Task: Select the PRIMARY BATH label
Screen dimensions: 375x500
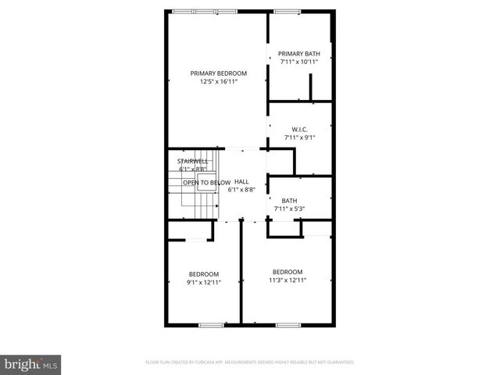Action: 299,53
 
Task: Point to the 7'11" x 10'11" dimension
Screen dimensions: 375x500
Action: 299,62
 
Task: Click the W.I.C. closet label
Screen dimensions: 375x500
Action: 299,129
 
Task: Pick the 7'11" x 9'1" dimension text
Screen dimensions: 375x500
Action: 299,137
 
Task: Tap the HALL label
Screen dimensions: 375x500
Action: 241,181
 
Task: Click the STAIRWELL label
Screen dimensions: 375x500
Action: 192,161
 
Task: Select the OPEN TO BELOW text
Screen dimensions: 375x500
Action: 206,182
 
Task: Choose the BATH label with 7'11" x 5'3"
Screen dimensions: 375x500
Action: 289,200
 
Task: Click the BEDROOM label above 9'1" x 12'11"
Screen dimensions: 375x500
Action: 204,273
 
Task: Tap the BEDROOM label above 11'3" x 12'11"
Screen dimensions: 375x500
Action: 287,271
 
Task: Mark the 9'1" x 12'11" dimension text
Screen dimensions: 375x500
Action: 204,282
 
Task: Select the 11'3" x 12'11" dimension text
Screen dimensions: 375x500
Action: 287,280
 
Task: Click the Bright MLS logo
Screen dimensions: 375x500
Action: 31,364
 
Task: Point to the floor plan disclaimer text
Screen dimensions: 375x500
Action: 250,362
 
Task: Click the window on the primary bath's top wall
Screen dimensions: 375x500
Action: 287,11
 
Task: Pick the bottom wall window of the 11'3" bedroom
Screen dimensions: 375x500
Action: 287,323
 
